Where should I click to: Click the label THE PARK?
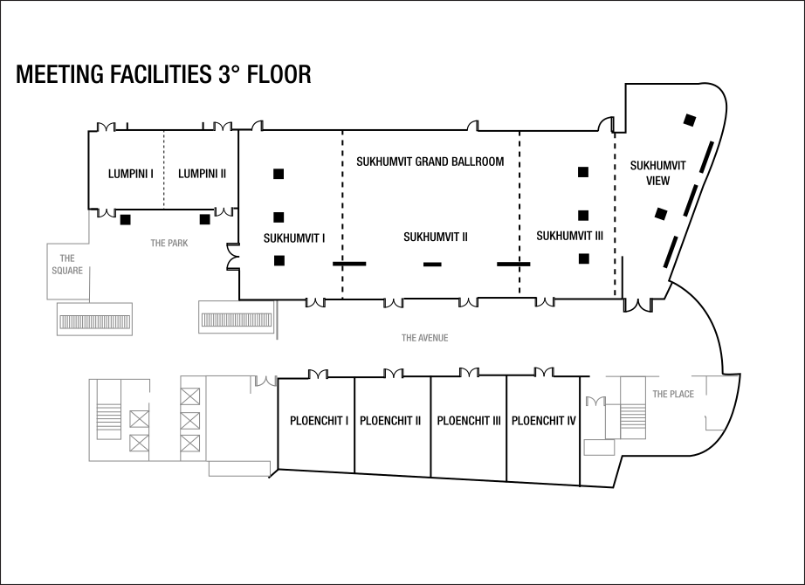coord(169,244)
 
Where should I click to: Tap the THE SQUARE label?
coord(67,264)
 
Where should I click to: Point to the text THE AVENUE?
coord(425,338)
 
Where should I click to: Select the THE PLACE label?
coord(673,395)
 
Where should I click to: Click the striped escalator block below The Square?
coord(94,322)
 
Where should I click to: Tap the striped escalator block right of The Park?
coord(237,320)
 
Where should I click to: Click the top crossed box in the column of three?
coord(190,396)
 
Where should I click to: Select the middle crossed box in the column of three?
coord(190,421)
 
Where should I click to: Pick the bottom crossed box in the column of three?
coord(190,443)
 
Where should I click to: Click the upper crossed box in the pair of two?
coord(139,419)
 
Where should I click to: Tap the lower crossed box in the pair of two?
coord(139,443)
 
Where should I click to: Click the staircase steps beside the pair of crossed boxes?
coord(109,421)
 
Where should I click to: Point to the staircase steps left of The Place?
coord(633,421)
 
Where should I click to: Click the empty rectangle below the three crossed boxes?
coord(239,469)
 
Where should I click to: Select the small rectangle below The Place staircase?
coord(599,448)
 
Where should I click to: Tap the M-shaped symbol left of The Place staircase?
coord(595,402)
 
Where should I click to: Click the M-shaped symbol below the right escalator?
coord(265,381)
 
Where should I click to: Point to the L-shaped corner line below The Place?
coord(712,425)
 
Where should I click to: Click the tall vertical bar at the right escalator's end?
coord(277,320)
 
